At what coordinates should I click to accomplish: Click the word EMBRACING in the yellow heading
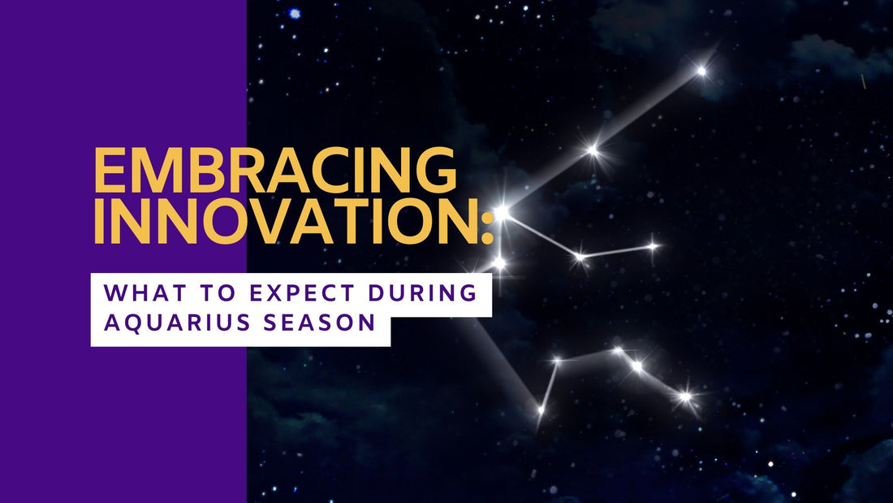[275, 172]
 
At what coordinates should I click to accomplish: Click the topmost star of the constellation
[701, 72]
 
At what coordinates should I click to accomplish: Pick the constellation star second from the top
[593, 150]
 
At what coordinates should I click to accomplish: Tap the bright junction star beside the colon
[502, 212]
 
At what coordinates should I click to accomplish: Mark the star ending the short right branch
[653, 245]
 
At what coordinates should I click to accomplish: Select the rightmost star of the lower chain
[686, 397]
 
